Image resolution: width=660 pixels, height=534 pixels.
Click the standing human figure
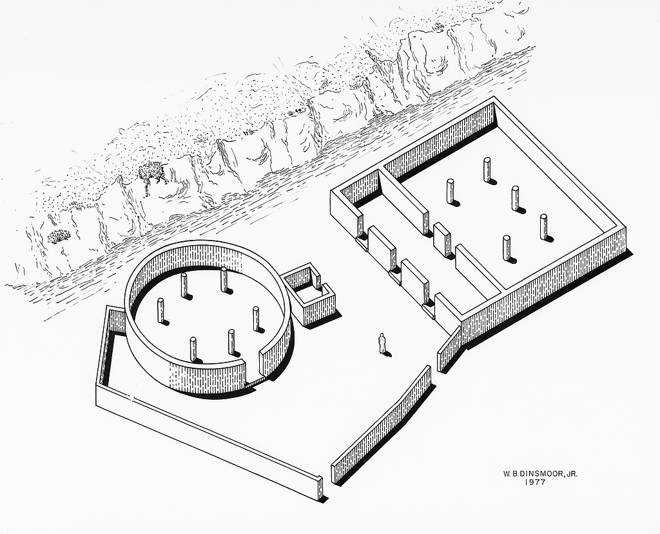[382, 343]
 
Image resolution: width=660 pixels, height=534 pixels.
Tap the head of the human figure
[382, 335]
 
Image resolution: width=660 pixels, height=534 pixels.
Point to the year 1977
[535, 482]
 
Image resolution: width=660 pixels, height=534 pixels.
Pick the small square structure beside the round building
[308, 295]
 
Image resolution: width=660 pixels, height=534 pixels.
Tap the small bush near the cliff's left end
[59, 236]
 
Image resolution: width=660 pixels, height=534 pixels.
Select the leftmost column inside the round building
[160, 311]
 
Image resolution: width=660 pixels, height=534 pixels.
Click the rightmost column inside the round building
[257, 319]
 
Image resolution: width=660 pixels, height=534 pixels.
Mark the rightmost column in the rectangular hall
[544, 228]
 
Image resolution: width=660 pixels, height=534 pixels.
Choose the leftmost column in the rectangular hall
[450, 192]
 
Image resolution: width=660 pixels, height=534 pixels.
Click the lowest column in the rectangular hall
[507, 248]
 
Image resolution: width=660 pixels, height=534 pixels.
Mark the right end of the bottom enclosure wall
[321, 488]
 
